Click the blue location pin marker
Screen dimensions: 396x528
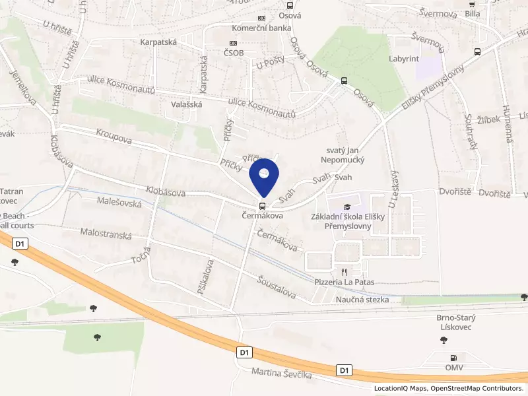click(264, 176)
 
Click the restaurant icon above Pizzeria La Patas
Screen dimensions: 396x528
click(343, 271)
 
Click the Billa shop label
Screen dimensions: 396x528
click(472, 13)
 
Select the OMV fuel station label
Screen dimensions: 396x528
click(453, 367)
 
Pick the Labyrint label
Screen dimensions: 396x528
click(404, 59)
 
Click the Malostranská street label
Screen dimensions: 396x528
click(106, 233)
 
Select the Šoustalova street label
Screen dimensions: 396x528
click(277, 284)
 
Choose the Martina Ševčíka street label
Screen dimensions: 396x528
click(281, 374)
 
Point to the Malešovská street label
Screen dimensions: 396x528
click(119, 203)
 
